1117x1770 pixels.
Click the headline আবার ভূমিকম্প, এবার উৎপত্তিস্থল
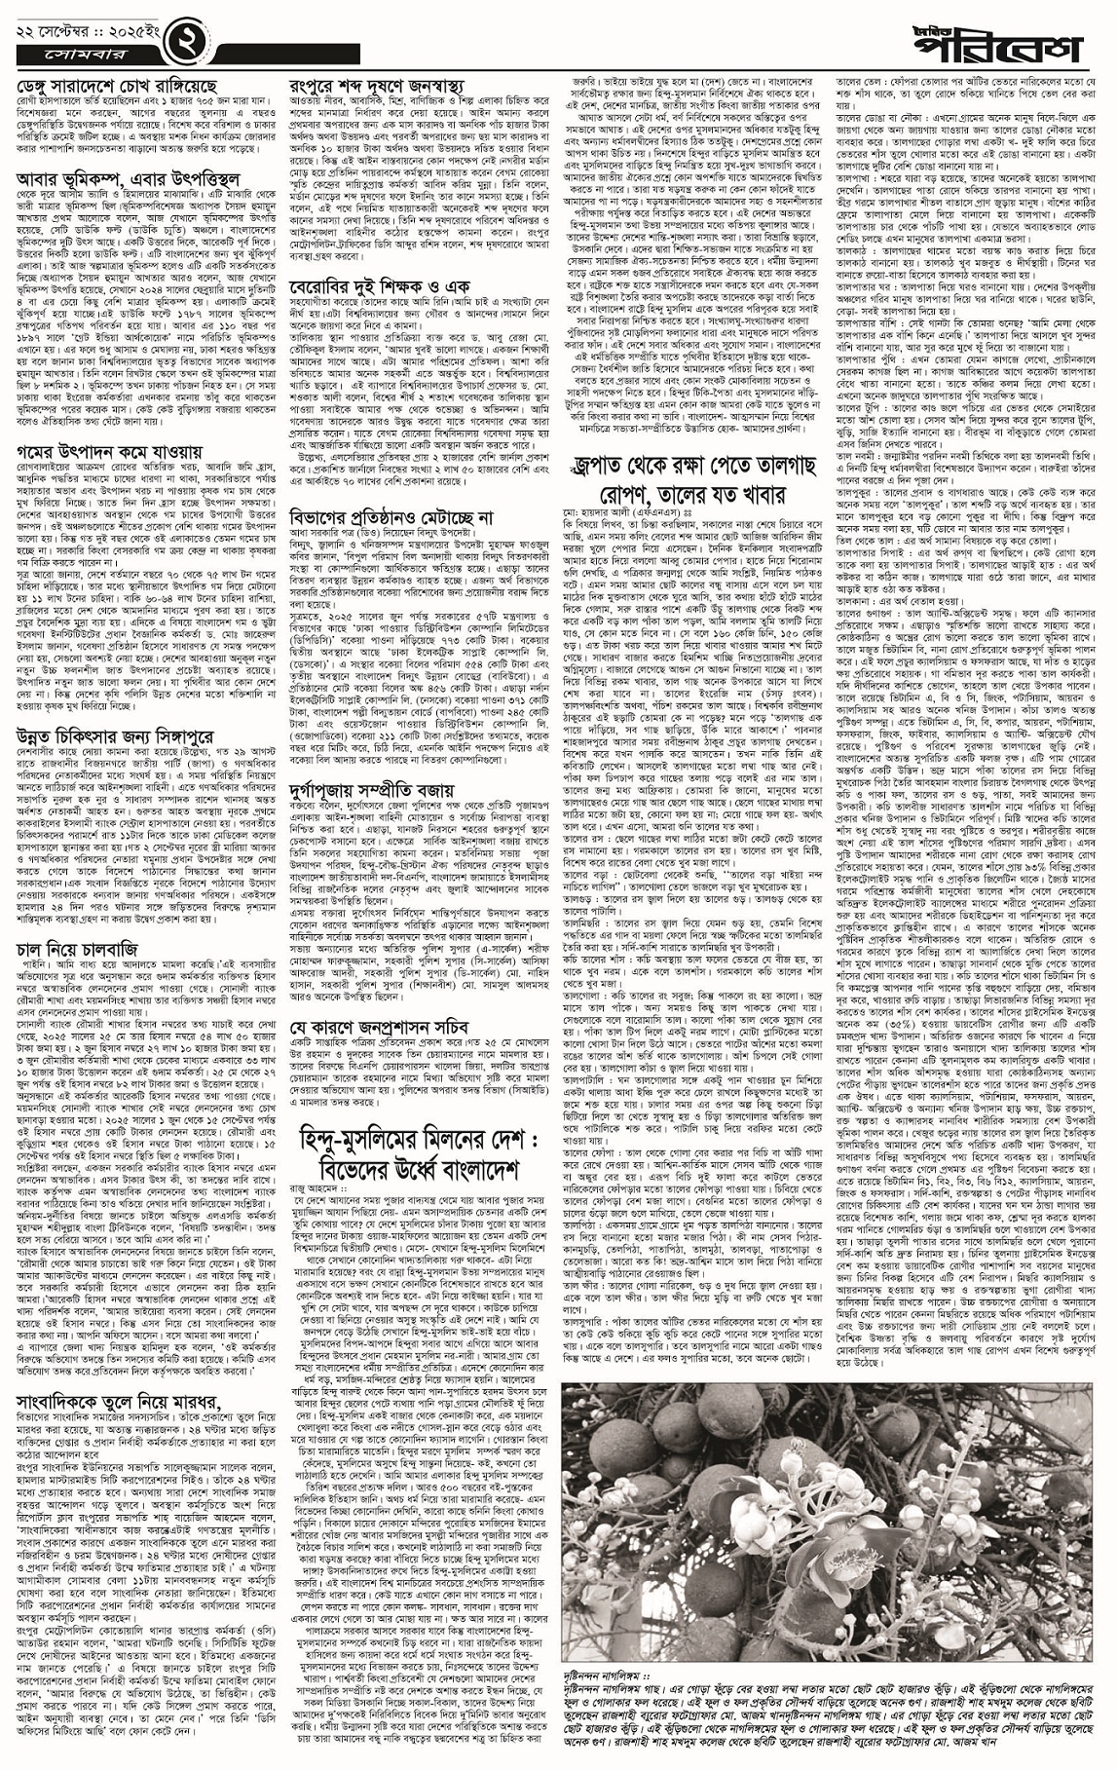click(136, 180)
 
